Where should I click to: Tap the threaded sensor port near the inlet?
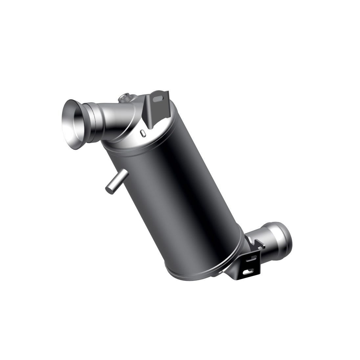tap(124, 98)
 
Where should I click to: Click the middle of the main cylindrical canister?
tap(179, 197)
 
